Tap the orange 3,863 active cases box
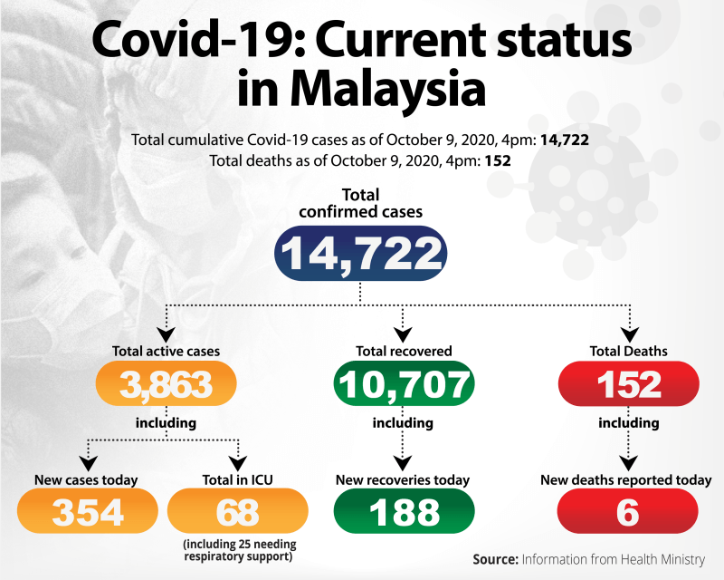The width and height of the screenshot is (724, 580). pos(166,385)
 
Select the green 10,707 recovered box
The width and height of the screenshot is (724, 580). pos(404,385)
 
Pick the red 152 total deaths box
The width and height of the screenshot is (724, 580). pos(628,385)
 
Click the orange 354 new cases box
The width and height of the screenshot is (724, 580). pos(88,512)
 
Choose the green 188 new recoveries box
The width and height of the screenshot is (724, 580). pos(404,512)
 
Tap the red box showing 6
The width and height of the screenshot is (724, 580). pos(628,512)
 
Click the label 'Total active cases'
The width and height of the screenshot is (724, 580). pos(166,351)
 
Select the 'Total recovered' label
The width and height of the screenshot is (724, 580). pos(404,351)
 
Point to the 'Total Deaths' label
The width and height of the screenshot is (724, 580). pos(628,351)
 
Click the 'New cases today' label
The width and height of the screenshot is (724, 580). pos(88,479)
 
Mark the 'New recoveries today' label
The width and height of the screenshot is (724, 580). pos(404,479)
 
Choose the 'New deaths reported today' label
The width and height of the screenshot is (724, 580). pos(626,479)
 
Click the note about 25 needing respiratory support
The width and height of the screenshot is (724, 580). pos(239,549)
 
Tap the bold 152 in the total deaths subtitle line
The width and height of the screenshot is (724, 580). pos(498,161)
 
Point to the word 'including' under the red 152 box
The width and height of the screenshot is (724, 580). pos(628,423)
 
